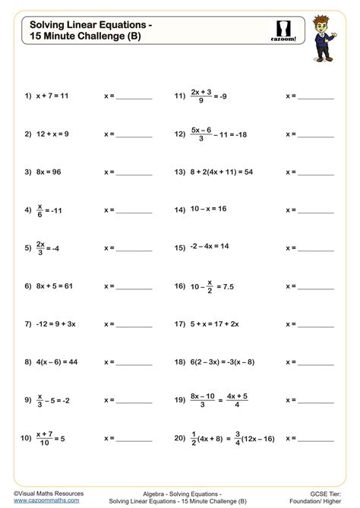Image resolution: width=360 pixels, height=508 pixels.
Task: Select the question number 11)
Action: (180, 97)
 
